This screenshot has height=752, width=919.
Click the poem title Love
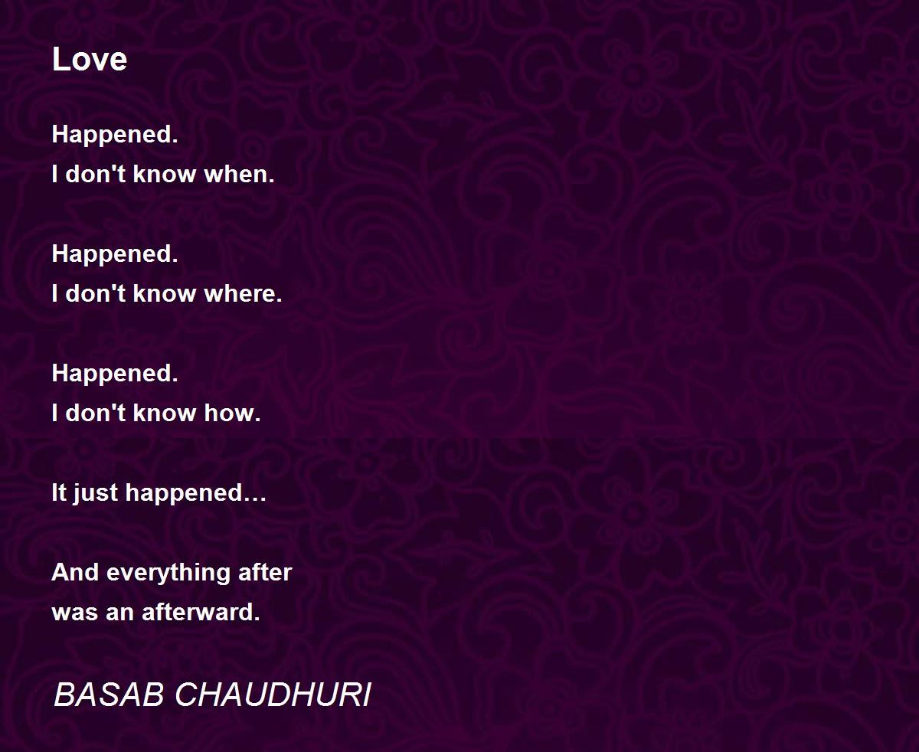coord(90,59)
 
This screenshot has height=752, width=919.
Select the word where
coord(243,293)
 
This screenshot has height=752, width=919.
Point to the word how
coord(232,413)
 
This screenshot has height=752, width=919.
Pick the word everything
coord(168,574)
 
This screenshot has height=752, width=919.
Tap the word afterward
coord(201,612)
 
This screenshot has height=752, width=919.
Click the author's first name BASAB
coord(109,695)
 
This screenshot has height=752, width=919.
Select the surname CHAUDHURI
coord(273,695)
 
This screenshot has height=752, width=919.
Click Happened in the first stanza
coord(115,135)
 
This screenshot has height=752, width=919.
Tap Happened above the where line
coord(115,254)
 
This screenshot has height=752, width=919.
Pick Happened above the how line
coord(115,374)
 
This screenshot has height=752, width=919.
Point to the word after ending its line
coord(265,572)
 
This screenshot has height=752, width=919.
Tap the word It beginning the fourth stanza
coord(59,492)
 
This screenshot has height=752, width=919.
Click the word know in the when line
coord(165,175)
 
